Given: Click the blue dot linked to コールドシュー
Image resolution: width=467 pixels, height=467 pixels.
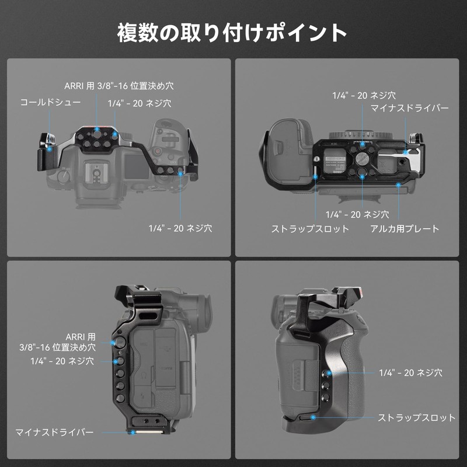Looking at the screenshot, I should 50,149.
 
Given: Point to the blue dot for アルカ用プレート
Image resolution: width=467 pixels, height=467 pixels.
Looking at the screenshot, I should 398,184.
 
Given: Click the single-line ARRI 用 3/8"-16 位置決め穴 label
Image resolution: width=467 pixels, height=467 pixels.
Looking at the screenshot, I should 119,86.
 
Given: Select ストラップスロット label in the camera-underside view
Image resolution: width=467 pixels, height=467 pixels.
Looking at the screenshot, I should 310,229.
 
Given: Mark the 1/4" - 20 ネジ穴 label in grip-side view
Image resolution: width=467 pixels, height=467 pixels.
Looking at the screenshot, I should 410,372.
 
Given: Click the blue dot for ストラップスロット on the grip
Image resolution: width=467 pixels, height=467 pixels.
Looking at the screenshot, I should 313,417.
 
